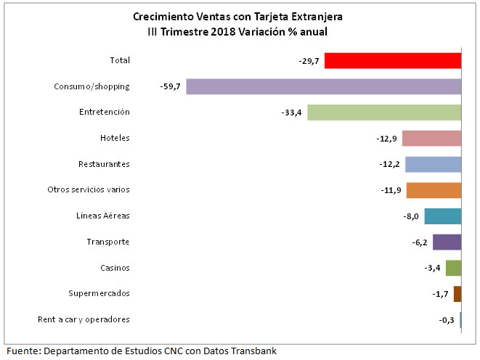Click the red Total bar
(393, 60)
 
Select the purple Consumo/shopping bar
(324, 86)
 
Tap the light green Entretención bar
(384, 112)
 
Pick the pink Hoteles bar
(431, 138)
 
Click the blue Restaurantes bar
(433, 164)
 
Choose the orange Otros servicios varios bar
(434, 190)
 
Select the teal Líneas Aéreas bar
(442, 216)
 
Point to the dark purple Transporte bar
(447, 242)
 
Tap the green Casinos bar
(453, 268)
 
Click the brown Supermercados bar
(457, 294)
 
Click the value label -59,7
(170, 86)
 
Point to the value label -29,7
(309, 61)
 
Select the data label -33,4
(292, 112)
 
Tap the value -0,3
(447, 320)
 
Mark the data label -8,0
(411, 216)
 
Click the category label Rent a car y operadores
(84, 319)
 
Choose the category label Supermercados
(99, 293)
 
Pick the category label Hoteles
(115, 138)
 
